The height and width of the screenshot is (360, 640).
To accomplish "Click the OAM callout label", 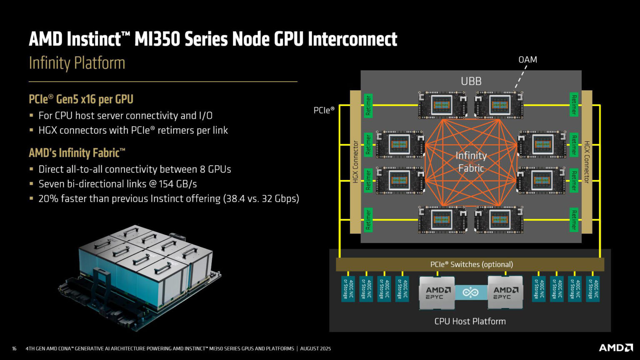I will point(527,60).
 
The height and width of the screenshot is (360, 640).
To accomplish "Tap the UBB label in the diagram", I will point(471,81).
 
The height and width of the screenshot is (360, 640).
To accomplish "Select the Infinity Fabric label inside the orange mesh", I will point(471,162).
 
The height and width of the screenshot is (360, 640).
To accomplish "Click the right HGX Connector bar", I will point(587,162).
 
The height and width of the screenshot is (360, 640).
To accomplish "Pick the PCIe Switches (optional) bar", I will point(471,265).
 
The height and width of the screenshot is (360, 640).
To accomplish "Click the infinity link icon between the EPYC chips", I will point(471,292).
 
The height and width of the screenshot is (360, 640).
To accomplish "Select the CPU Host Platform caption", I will point(470,321).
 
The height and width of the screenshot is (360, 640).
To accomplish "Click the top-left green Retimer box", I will point(368,105).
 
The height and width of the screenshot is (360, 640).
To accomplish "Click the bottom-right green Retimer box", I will point(574,220).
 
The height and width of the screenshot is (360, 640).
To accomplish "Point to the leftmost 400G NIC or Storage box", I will point(348,289).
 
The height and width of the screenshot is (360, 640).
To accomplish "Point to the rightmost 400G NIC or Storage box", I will point(592,289).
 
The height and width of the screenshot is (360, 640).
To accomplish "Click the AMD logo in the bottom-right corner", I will point(615,347).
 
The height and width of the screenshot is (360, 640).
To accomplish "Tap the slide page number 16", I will point(14,348).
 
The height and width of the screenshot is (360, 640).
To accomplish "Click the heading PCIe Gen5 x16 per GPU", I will point(81,99).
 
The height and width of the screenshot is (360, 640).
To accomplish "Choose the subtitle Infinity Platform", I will point(77,63).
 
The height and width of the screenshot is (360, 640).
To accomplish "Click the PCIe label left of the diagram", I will point(324,110).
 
